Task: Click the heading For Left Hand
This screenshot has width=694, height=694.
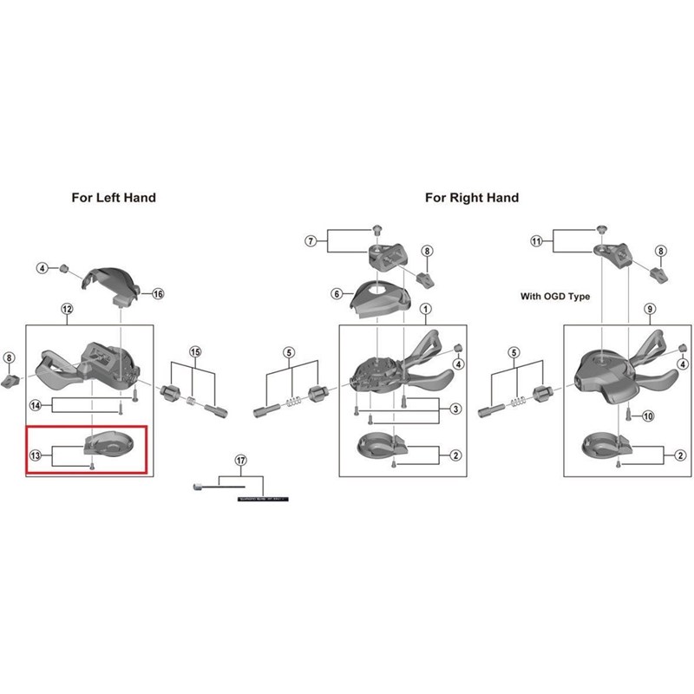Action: pos(114,198)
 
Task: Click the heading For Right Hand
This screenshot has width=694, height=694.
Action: pos(471,198)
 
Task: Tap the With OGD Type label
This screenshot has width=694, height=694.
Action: pos(554,297)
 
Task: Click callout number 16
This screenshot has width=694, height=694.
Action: pos(158,294)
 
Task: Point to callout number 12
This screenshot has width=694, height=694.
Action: pos(67,309)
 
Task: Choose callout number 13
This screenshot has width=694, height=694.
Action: pos(36,455)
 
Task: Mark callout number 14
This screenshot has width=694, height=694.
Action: pos(36,405)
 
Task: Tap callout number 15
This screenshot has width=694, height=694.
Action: pos(195,352)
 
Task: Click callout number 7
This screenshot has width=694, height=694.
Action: pos(311,239)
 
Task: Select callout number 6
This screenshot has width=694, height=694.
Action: pos(312,294)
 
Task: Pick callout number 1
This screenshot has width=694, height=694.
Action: pos(426,309)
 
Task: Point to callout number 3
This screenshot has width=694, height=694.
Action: pos(455,409)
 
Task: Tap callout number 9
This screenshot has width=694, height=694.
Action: pos(650,309)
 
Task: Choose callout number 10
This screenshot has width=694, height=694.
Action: pos(649,416)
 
